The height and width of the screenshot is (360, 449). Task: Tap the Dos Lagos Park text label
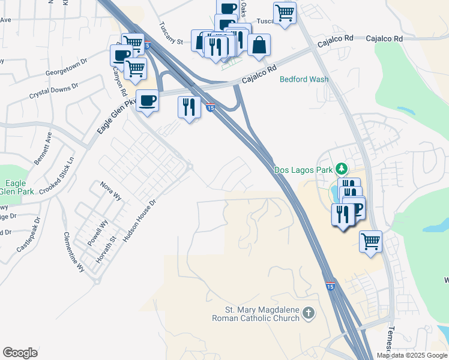click(303, 170)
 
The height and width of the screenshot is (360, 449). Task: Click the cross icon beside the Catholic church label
click(308, 313)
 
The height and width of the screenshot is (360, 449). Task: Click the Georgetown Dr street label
click(66, 68)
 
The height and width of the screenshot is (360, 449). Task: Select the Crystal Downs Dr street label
click(54, 92)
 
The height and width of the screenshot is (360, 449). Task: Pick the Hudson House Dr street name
click(139, 221)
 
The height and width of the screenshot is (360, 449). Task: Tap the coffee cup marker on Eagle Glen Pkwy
click(147, 100)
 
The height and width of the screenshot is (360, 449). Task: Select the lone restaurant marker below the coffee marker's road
click(189, 107)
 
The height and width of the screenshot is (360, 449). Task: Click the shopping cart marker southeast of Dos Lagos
click(371, 242)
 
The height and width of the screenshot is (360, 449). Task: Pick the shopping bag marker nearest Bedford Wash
click(259, 44)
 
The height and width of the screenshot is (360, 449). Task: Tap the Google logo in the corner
click(20, 353)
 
